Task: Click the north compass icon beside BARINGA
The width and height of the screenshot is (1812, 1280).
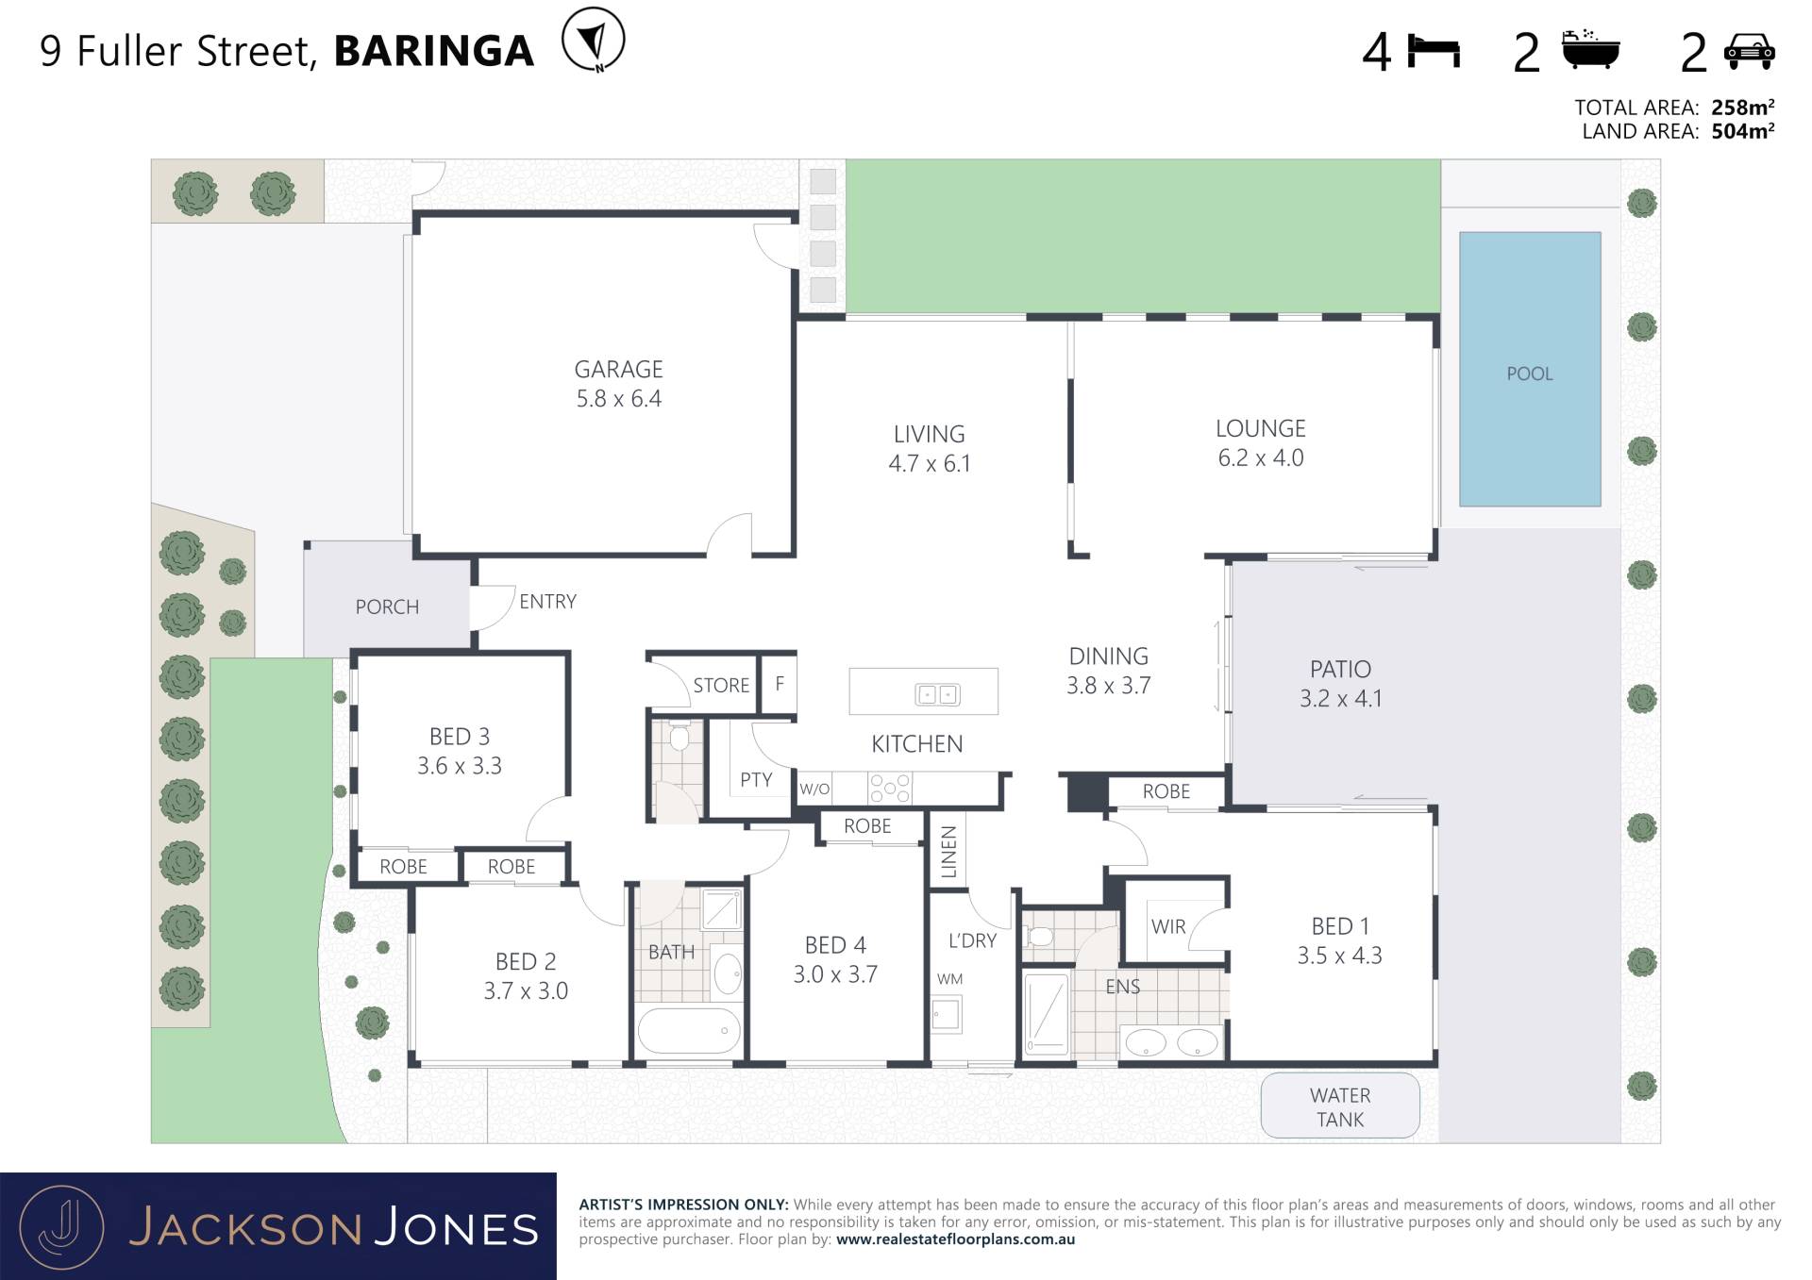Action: [593, 40]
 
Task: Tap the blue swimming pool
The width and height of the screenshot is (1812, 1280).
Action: [1530, 369]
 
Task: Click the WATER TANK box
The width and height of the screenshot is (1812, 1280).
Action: [1340, 1105]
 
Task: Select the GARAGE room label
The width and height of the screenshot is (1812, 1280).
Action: [619, 369]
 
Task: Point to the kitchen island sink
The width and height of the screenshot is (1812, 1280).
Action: [937, 695]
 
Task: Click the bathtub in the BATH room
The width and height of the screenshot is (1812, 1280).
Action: [689, 1031]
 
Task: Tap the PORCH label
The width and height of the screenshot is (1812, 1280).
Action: [387, 607]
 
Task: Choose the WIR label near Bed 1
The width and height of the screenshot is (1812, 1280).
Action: [1168, 926]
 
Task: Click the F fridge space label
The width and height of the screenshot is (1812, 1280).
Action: [780, 684]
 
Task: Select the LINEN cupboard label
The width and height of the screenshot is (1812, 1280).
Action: [949, 851]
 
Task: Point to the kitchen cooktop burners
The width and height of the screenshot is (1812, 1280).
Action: [890, 789]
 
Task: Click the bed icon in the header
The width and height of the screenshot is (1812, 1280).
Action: [1434, 51]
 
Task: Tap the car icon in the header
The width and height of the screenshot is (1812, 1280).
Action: [1749, 52]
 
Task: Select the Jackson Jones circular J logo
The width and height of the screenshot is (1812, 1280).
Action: [61, 1227]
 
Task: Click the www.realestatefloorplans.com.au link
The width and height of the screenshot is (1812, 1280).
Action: [955, 1239]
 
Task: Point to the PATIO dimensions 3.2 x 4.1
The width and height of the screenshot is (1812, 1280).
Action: [1340, 698]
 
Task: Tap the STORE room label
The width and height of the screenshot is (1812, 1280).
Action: [721, 685]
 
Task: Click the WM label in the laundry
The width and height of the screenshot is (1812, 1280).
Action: [949, 979]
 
